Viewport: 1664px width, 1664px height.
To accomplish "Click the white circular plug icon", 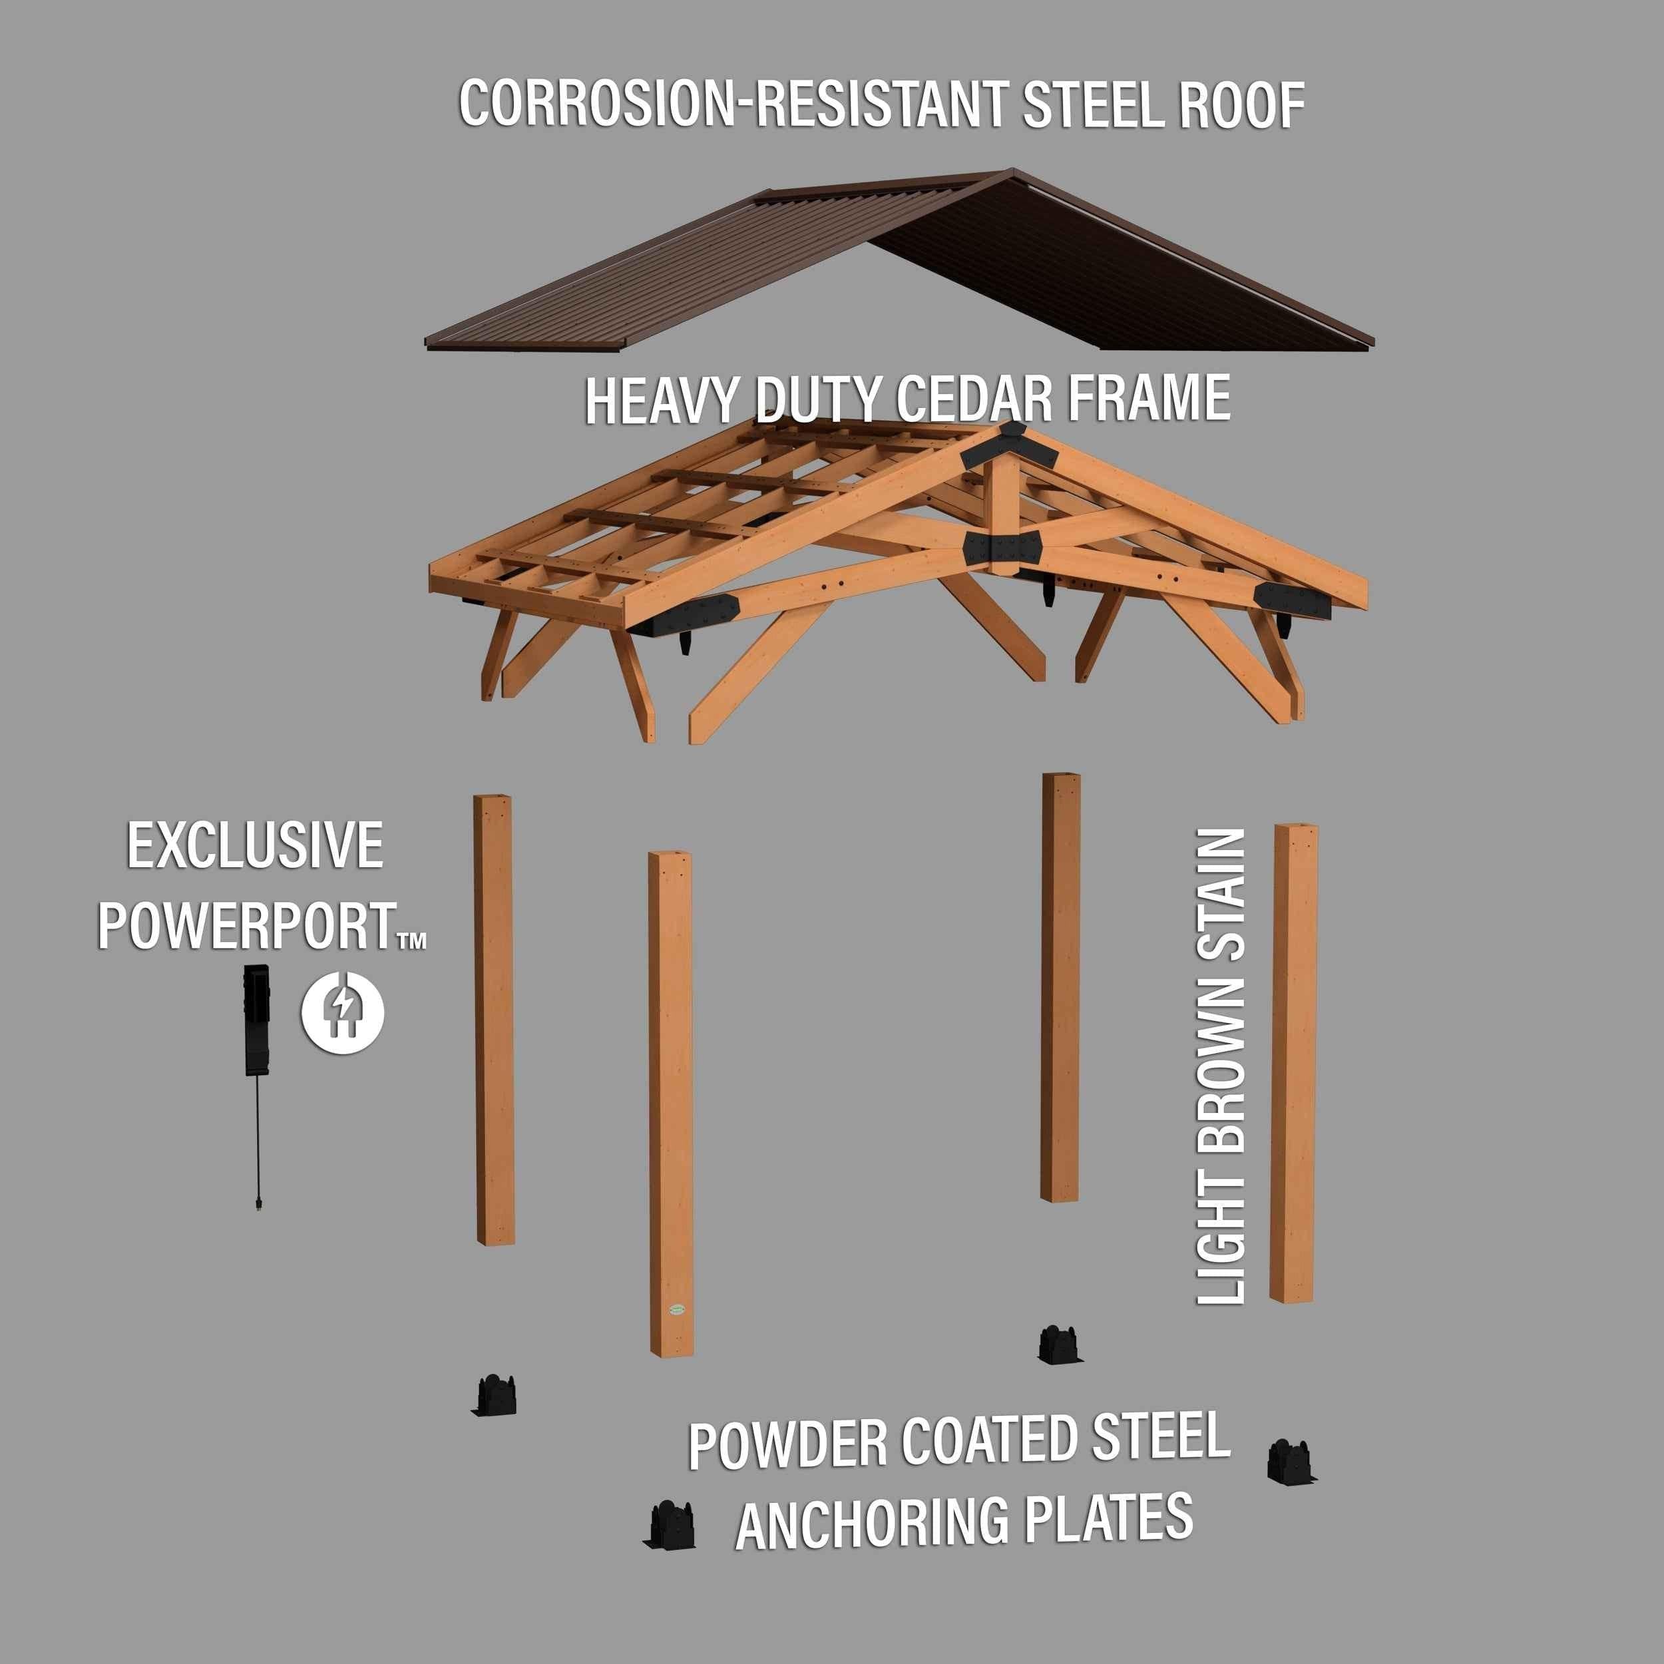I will (x=343, y=1011).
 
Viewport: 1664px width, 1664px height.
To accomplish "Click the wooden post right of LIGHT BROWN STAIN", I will (x=1294, y=1064).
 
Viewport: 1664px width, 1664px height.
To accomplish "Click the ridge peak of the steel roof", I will (x=1011, y=172).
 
